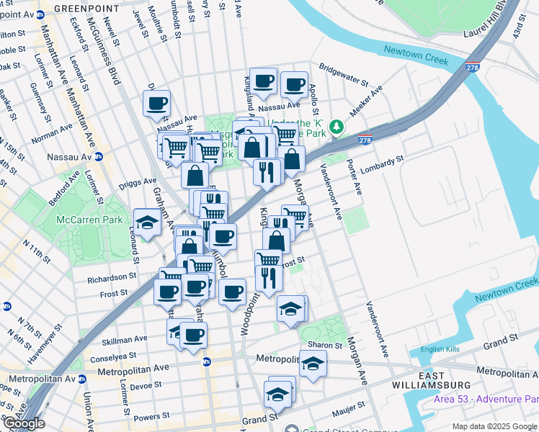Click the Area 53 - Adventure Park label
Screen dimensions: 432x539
coord(486,400)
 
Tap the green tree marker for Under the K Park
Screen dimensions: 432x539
coord(335,128)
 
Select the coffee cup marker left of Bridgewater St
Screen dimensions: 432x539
coord(294,84)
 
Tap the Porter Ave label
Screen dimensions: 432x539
coord(357,176)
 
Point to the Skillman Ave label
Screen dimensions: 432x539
coord(125,338)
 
